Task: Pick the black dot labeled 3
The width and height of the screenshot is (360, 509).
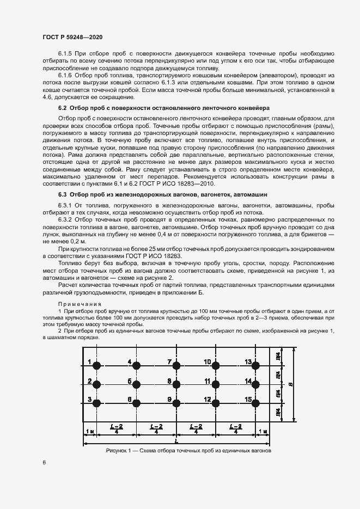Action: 97,403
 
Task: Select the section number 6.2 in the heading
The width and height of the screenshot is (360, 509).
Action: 63,108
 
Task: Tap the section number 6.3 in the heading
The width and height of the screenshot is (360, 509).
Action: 63,194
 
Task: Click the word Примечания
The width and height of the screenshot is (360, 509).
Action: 77,303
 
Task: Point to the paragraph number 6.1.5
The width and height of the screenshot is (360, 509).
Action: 66,54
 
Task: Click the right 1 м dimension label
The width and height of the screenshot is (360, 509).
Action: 263,431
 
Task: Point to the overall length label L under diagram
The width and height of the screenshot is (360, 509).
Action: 176,441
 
